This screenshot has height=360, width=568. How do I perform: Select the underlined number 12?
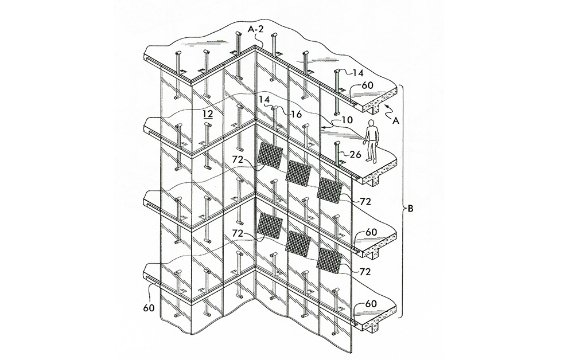(x=208, y=114)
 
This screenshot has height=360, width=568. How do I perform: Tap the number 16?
(x=296, y=114)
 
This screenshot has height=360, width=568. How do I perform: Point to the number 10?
(x=347, y=120)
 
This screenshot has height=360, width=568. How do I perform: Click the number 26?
(x=356, y=155)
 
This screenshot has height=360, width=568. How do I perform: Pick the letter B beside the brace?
(x=411, y=209)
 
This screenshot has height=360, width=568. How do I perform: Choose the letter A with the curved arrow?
(x=395, y=121)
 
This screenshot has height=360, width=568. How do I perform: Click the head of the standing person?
(x=371, y=123)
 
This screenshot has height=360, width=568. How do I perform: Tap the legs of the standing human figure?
(x=371, y=151)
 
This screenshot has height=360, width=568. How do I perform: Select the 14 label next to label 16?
(x=263, y=99)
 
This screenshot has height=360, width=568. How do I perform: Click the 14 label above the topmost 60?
(x=358, y=73)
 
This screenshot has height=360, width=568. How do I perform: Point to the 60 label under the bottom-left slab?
(x=149, y=307)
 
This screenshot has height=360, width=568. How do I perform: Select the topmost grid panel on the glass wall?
(x=270, y=156)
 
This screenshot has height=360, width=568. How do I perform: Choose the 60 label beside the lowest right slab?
(x=371, y=304)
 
